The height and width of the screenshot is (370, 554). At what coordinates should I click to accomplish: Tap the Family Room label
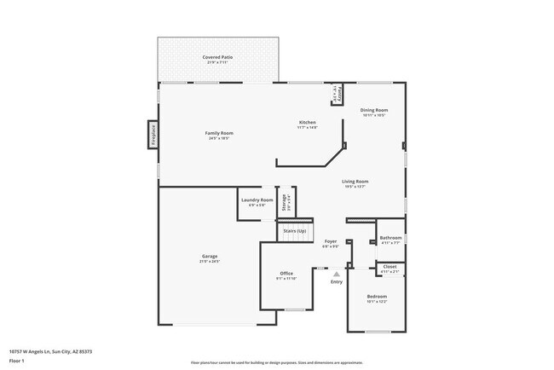(x=219, y=133)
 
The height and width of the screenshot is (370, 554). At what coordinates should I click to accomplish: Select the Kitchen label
(x=307, y=123)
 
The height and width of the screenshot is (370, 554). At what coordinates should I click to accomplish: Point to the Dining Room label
(x=373, y=110)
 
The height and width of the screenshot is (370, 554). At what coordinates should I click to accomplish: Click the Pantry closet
(x=337, y=93)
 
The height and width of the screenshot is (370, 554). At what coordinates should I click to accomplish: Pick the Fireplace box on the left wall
(x=153, y=136)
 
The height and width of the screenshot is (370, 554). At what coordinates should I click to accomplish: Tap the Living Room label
(x=355, y=182)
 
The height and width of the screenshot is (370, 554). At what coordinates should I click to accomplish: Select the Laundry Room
(x=256, y=201)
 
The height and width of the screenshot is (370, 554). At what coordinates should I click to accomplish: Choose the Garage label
(x=209, y=257)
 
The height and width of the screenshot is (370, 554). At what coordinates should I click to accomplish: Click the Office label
(x=286, y=274)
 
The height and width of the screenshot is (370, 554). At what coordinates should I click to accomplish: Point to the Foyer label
(x=331, y=242)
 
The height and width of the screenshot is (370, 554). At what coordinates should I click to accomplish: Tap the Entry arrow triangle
(x=337, y=274)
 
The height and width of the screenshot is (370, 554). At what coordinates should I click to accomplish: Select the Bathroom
(x=390, y=239)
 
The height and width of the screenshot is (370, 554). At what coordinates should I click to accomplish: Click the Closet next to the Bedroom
(x=390, y=268)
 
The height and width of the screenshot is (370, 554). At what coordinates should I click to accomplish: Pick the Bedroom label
(x=377, y=298)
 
